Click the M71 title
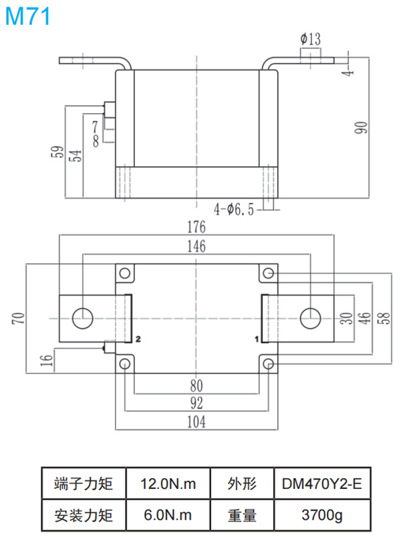(27, 16)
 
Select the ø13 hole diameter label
(311, 38)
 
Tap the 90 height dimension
(361, 127)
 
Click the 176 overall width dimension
(196, 228)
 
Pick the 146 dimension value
(196, 247)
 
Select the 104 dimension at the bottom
(196, 422)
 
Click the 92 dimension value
(196, 404)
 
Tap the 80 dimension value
(196, 386)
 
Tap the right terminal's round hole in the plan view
(309, 317)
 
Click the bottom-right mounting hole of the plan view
(268, 363)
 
